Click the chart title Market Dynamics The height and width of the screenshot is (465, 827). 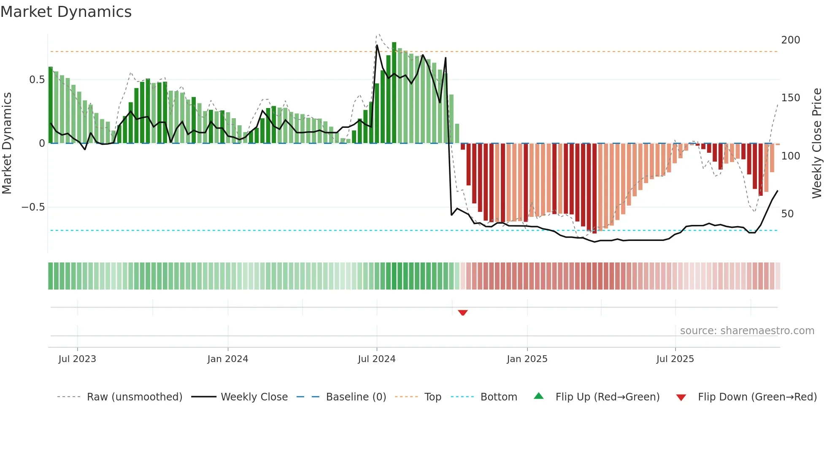tap(66, 12)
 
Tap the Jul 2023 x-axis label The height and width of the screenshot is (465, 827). tap(77, 359)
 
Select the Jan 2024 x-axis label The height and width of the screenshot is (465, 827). tap(227, 359)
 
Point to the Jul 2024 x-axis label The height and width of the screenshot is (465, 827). tap(376, 359)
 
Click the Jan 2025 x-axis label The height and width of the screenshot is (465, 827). tap(527, 359)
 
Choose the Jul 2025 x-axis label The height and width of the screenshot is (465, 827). tap(675, 359)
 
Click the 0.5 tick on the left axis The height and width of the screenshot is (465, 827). tap(37, 80)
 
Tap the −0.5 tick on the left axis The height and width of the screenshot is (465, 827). tap(33, 207)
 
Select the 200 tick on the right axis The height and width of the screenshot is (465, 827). tap(790, 40)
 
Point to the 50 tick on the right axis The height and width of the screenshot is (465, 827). tap(787, 214)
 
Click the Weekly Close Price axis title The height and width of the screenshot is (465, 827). tap(817, 143)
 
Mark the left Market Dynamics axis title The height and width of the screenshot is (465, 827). tap(7, 143)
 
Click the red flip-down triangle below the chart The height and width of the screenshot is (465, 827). tap(463, 313)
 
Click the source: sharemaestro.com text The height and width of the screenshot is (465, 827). tap(747, 331)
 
